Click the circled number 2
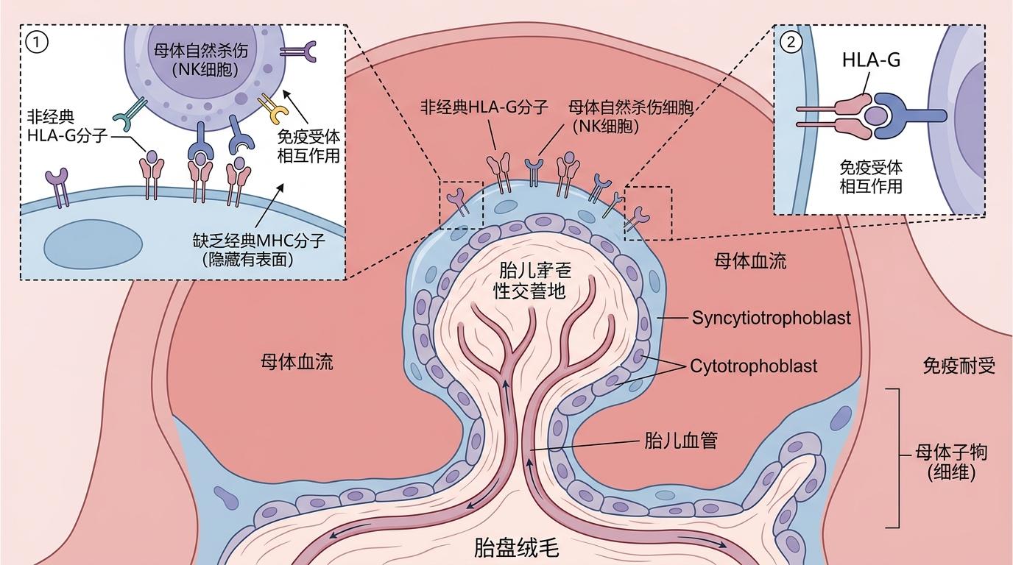[791, 42]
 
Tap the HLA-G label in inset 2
[872, 60]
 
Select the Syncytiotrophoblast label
[771, 318]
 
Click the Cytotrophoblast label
[753, 366]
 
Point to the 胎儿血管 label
[680, 441]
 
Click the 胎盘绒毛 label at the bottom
[516, 548]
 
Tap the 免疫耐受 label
[959, 365]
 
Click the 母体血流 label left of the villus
[297, 361]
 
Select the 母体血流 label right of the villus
[750, 260]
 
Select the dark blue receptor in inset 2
[913, 115]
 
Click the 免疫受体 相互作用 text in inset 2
[871, 177]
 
